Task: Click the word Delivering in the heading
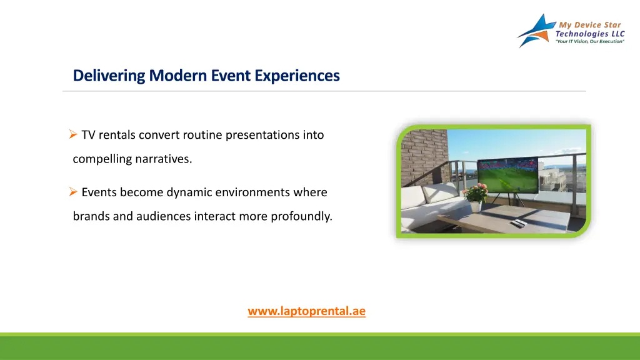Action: point(109,76)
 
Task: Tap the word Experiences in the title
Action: point(297,76)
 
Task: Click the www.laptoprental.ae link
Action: point(306,311)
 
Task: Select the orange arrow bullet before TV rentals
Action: point(73,134)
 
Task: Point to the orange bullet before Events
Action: point(73,191)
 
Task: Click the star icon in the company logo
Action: point(536,31)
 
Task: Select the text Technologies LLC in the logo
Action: point(590,34)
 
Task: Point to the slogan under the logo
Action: point(590,42)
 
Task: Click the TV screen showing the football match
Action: point(508,175)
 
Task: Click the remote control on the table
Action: point(517,223)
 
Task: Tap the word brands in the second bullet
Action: point(91,216)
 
